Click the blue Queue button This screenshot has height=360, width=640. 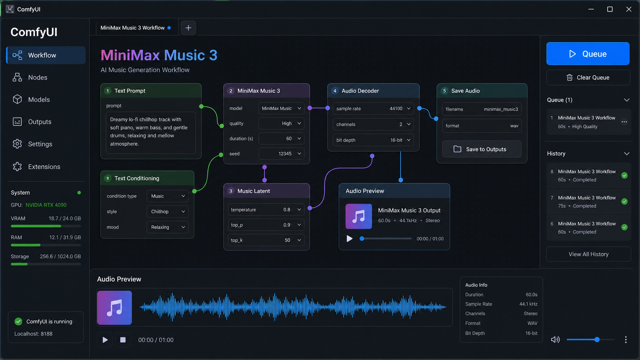pyautogui.click(x=588, y=54)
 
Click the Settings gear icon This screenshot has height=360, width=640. pyautogui.click(x=17, y=144)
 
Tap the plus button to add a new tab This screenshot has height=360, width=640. pyautogui.click(x=188, y=28)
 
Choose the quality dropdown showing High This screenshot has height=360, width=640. pyautogui.click(x=281, y=123)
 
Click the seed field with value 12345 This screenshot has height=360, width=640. pyautogui.click(x=281, y=153)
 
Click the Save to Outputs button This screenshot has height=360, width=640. pyautogui.click(x=482, y=149)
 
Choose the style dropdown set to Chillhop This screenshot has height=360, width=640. pyautogui.click(x=167, y=212)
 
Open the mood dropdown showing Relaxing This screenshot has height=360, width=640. pyautogui.click(x=167, y=227)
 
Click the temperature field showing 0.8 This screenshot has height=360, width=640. pyautogui.click(x=266, y=210)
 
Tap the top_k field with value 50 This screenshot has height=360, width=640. pyautogui.click(x=266, y=240)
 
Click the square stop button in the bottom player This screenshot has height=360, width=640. pyautogui.click(x=123, y=340)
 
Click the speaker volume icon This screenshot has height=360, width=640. pyautogui.click(x=555, y=339)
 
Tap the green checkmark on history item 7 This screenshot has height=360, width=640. pyautogui.click(x=624, y=202)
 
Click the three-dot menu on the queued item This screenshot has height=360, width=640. pyautogui.click(x=624, y=122)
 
